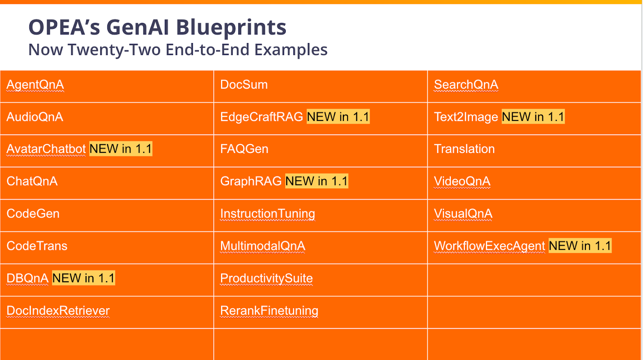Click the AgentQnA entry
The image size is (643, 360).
click(35, 85)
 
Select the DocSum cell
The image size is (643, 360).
click(244, 85)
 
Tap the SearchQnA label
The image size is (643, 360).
click(466, 85)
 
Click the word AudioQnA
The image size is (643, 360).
click(35, 117)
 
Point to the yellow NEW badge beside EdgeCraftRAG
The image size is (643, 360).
click(338, 117)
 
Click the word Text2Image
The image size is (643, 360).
click(466, 117)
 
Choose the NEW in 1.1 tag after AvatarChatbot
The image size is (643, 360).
click(121, 149)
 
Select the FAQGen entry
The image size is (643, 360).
click(244, 149)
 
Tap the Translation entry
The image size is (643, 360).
click(464, 149)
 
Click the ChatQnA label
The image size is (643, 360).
click(32, 181)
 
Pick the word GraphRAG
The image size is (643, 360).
click(251, 181)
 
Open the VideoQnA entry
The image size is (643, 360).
click(462, 181)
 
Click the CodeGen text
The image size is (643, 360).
click(33, 214)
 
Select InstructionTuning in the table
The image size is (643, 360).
click(268, 214)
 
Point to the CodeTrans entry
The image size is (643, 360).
click(37, 246)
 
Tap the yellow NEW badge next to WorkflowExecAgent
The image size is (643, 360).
click(580, 246)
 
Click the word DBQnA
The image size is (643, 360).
click(27, 278)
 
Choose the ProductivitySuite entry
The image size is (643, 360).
click(266, 278)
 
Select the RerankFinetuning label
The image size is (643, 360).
click(269, 311)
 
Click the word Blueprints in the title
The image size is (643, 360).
click(231, 27)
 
